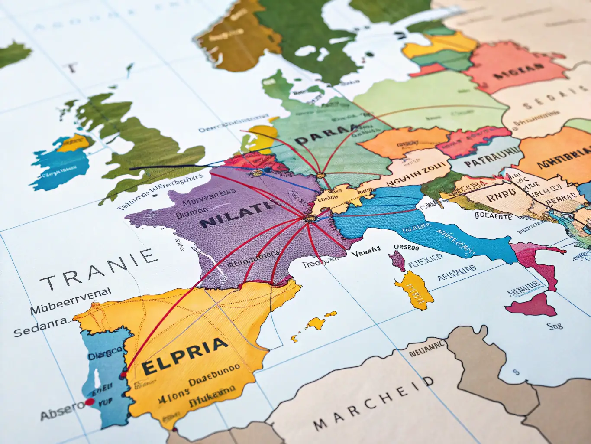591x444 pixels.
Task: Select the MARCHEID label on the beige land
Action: tap(373, 403)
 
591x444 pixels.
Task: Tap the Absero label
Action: tap(61, 410)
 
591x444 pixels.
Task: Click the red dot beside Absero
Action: tap(90, 402)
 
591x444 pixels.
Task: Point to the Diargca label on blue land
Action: tap(104, 356)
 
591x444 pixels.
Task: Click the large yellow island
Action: tap(414, 290)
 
